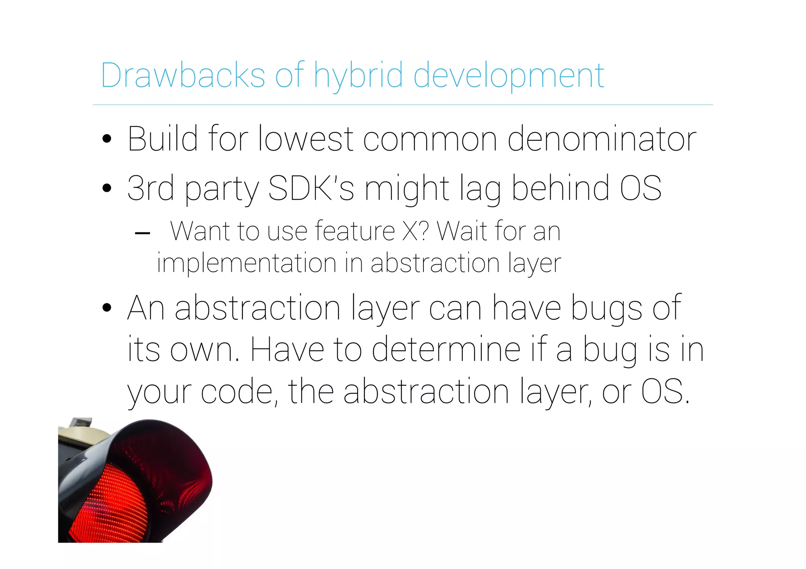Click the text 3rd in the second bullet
[x=151, y=188]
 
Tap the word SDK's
[x=311, y=188]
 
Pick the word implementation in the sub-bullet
[x=247, y=263]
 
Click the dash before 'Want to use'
[x=142, y=233]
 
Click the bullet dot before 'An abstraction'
[x=107, y=308]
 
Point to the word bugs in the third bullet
[x=606, y=309]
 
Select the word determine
[x=446, y=350]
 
